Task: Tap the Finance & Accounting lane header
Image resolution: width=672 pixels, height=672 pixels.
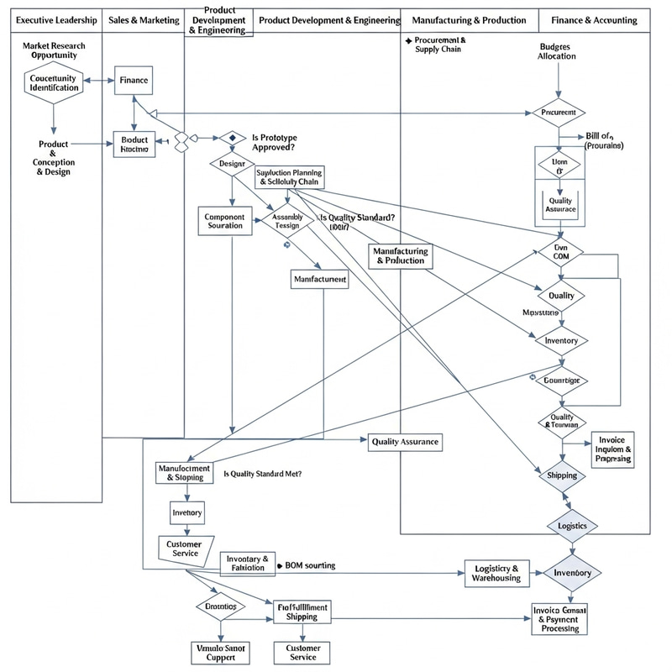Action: [594, 19]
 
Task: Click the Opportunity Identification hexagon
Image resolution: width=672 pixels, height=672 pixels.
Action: [53, 81]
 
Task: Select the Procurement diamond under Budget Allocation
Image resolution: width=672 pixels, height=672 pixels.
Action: [558, 112]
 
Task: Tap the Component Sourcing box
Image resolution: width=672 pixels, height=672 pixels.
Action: [224, 221]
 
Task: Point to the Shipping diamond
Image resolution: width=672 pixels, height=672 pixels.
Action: [561, 475]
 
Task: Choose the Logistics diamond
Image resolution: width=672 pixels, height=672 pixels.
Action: [577, 526]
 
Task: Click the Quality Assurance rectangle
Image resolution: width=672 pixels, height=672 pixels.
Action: [404, 441]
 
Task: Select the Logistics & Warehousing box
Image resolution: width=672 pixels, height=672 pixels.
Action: [496, 573]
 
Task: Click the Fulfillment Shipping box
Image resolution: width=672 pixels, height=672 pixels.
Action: [301, 611]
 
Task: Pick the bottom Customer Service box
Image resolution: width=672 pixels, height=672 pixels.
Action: [303, 652]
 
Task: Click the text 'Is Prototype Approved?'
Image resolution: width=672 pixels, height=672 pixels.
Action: [274, 141]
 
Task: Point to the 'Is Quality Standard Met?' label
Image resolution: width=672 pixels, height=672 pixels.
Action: [262, 474]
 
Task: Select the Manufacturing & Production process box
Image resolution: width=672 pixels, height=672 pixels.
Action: [400, 255]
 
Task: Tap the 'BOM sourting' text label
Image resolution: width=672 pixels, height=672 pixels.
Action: [311, 565]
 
